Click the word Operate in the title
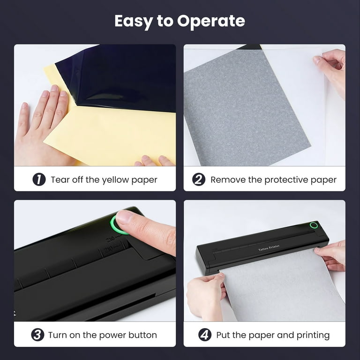211,22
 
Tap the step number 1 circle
39,180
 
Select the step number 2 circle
199,180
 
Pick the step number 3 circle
37,335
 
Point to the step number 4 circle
205,335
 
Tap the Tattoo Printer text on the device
269,247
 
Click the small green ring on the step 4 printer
314,225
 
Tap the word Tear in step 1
60,180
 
